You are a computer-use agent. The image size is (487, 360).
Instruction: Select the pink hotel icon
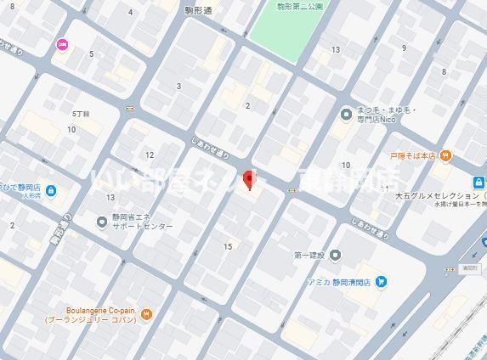point(62,44)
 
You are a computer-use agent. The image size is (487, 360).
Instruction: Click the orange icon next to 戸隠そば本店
point(446,155)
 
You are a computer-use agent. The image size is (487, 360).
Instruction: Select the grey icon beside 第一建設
point(336,255)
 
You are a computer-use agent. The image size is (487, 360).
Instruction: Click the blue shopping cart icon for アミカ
point(382,281)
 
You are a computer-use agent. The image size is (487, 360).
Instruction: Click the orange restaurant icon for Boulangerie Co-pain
point(147,315)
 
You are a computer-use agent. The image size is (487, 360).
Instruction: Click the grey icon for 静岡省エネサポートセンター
point(102,222)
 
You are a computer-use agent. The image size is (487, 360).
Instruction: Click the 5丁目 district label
point(81,113)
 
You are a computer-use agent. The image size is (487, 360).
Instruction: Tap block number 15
point(228,246)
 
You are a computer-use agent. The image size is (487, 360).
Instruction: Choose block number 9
point(404,48)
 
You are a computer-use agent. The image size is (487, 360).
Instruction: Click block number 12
point(150,155)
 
